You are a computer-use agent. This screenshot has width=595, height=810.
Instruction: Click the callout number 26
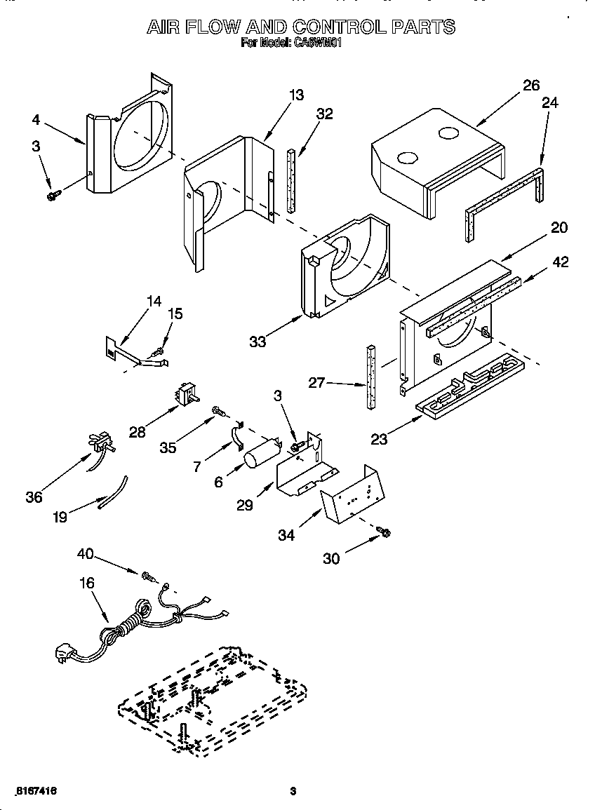[531, 85]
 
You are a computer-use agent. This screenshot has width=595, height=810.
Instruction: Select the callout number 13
[297, 95]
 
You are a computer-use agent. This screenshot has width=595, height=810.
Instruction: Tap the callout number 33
[258, 342]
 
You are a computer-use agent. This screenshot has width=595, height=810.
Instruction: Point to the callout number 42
[560, 262]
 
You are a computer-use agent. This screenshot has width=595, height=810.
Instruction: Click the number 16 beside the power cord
[87, 583]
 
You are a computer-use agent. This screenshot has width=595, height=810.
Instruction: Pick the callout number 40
[85, 554]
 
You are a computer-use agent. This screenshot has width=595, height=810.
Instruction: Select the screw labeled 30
[384, 534]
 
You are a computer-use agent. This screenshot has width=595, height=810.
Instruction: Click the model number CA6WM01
[316, 43]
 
